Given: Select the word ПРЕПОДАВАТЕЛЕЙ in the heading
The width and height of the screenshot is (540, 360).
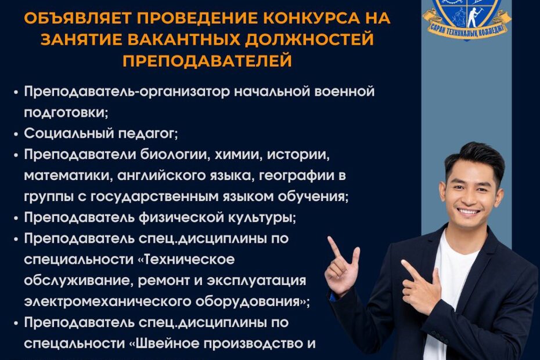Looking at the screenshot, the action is pyautogui.click(x=207, y=60).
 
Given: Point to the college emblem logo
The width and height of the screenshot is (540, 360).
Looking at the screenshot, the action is pyautogui.click(x=467, y=19).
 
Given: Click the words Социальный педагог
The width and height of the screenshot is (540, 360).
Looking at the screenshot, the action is pyautogui.click(x=101, y=134).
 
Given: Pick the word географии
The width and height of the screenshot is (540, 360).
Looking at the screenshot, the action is pyautogui.click(x=296, y=176).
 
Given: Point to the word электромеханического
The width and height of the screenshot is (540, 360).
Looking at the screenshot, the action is pyautogui.click(x=107, y=301).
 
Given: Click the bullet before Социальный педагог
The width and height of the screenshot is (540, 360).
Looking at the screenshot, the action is pyautogui.click(x=16, y=134).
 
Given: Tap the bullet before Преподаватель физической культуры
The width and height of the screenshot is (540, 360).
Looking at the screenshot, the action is pyautogui.click(x=16, y=218).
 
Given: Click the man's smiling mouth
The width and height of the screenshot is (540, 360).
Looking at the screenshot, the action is pyautogui.click(x=467, y=211).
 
